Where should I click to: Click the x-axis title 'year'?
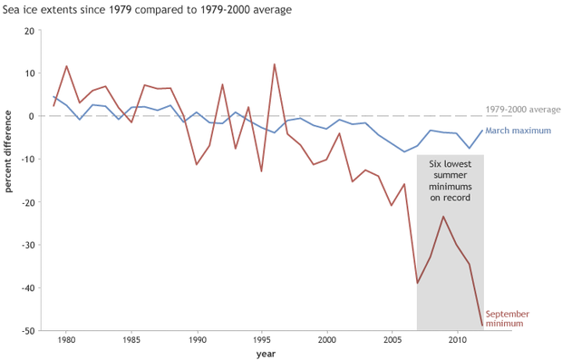tap(266, 353)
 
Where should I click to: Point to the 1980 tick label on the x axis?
tap(66, 339)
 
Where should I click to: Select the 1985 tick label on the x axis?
tap(131, 339)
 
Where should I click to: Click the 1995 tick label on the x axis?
tap(261, 339)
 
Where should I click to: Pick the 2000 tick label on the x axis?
tap(326, 339)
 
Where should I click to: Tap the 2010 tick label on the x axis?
tap(456, 339)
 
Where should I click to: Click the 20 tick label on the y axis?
tap(29, 31)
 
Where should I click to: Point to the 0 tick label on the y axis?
tap(32, 116)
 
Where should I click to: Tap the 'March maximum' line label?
tap(518, 131)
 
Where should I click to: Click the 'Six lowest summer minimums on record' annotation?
tap(451, 179)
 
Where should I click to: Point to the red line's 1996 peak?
tap(275, 64)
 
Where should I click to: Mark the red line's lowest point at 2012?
tap(482, 325)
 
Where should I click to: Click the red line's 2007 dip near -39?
tap(417, 284)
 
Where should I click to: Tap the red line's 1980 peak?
tap(66, 66)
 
